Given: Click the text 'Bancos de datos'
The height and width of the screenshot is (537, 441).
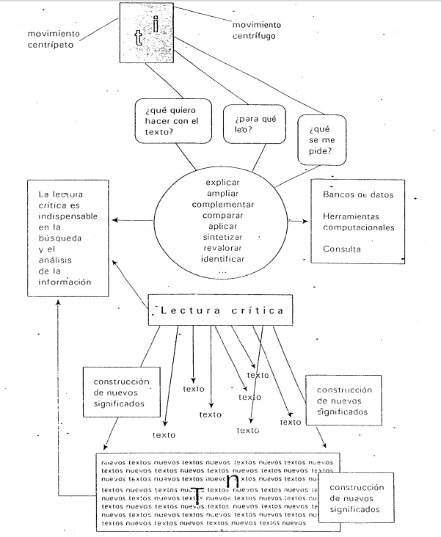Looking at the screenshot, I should [359, 194].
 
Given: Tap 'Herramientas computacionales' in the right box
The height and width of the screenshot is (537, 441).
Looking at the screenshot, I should [359, 222].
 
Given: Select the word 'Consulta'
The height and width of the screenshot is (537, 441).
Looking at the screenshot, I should [342, 249].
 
